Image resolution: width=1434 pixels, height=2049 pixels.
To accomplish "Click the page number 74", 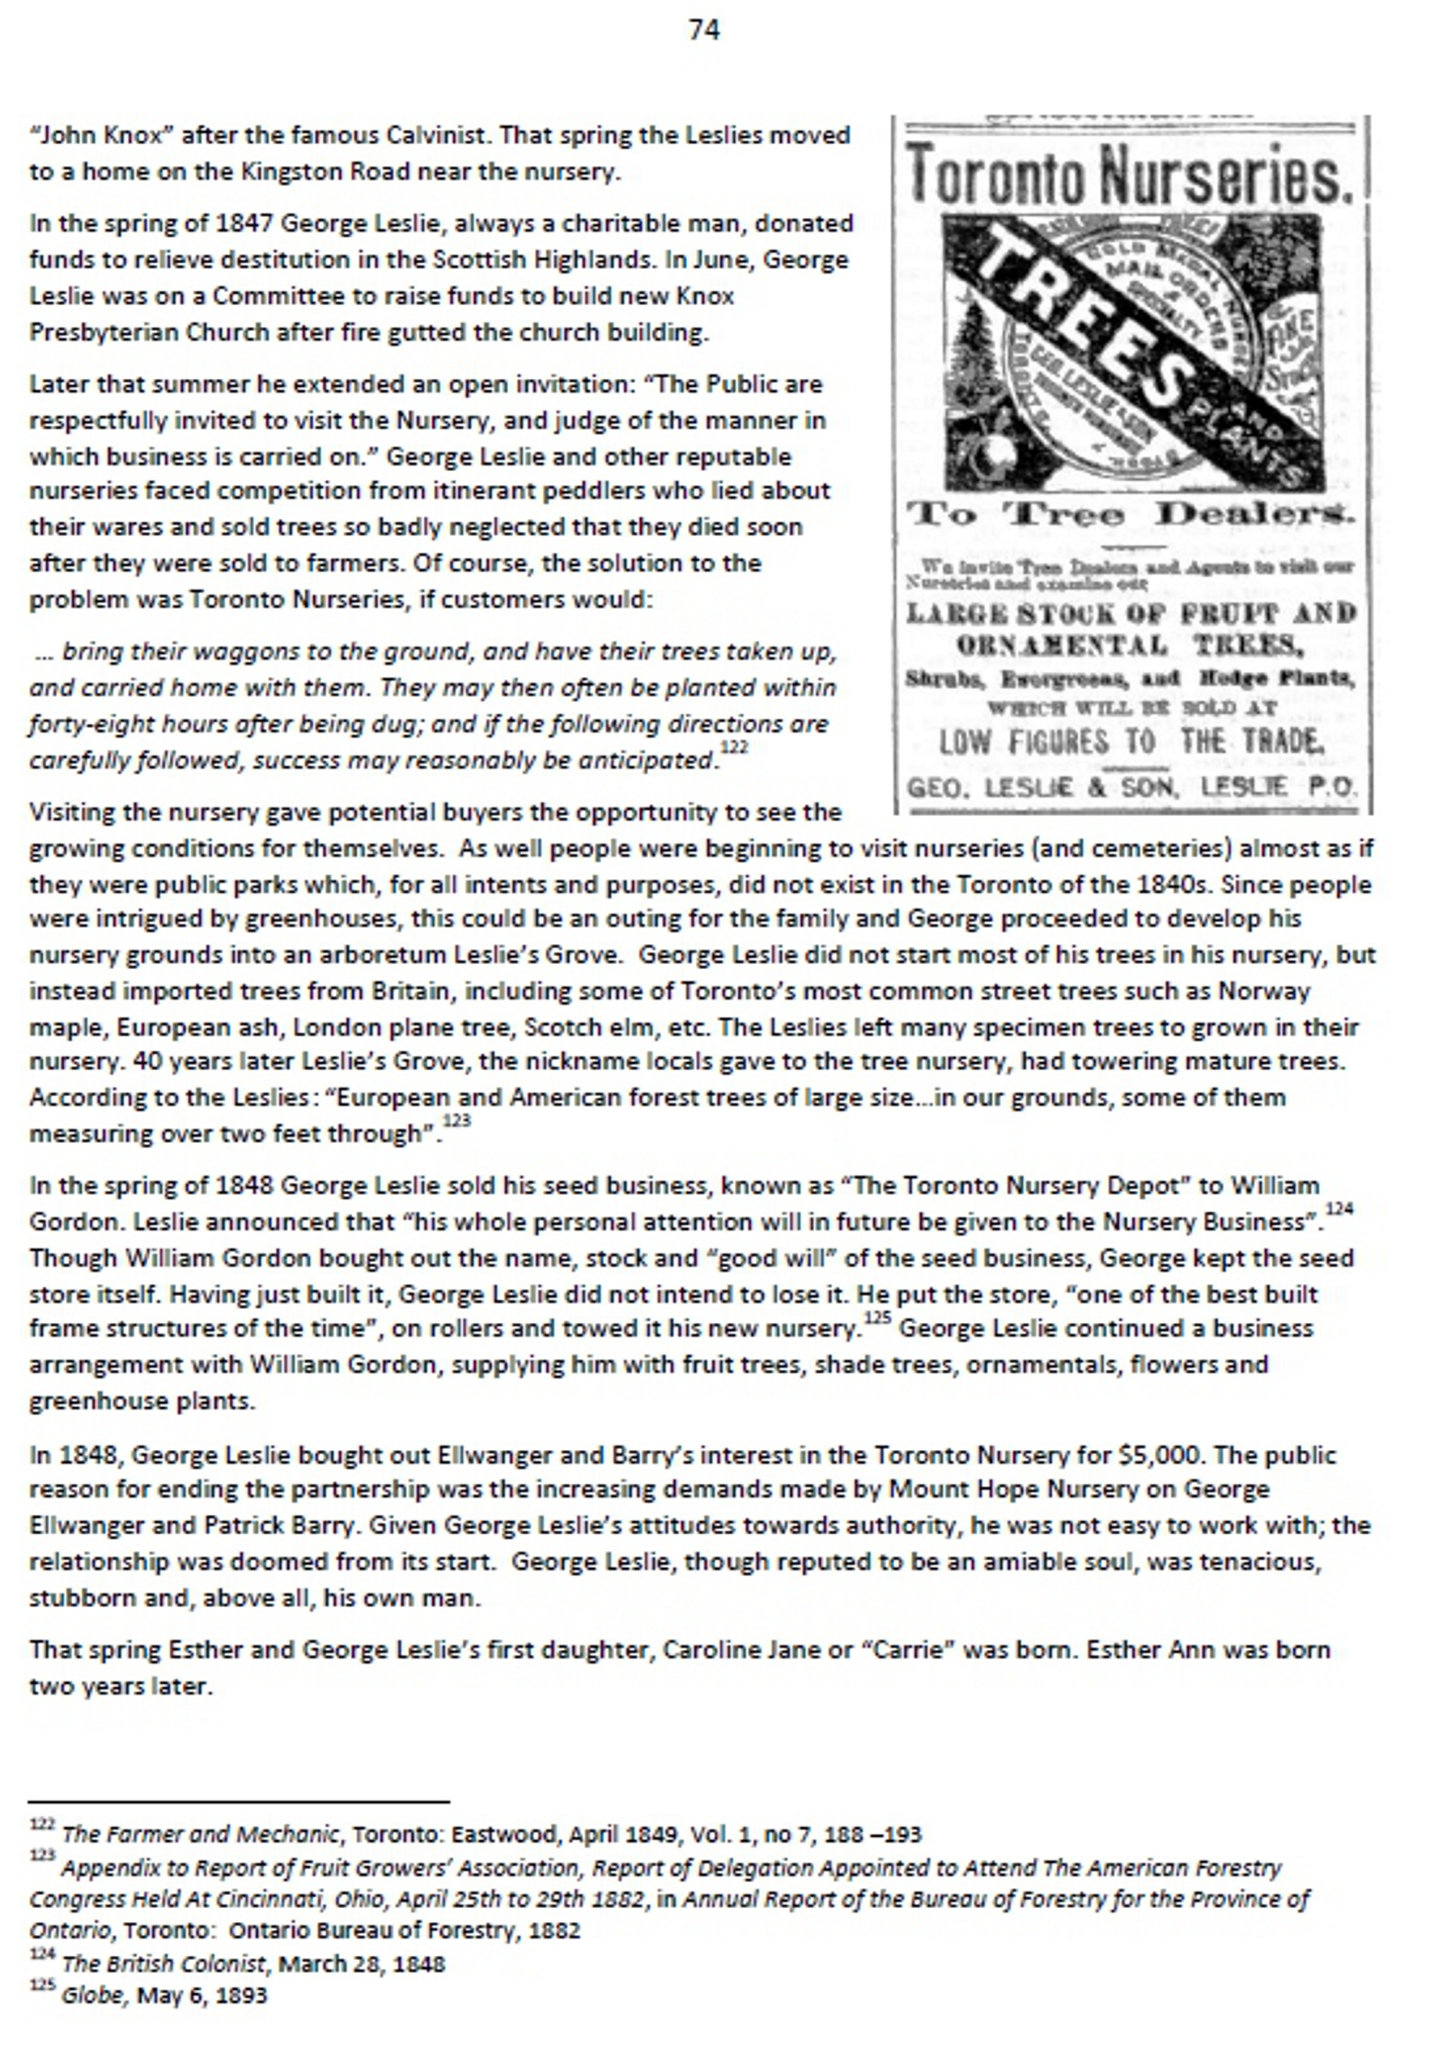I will click(703, 30).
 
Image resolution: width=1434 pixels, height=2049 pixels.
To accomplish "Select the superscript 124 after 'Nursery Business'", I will click(1339, 1209).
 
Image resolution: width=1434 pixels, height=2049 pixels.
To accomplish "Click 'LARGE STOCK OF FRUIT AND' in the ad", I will click(1131, 614).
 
